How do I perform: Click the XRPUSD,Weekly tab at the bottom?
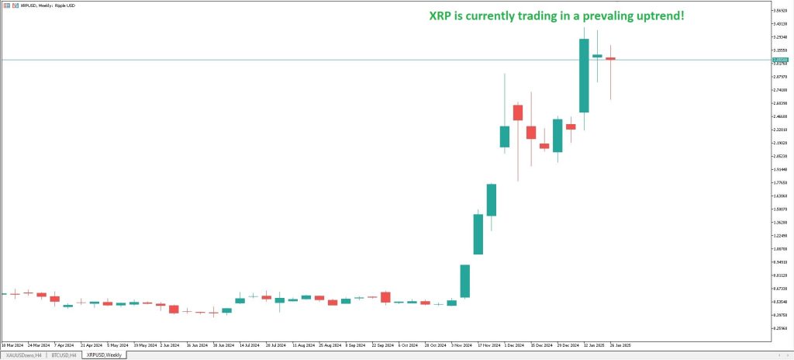pyautogui.click(x=103, y=355)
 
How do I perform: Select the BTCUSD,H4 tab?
pyautogui.click(x=64, y=355)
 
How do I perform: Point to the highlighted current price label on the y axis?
pyautogui.click(x=780, y=59)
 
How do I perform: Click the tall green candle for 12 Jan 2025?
pyautogui.click(x=584, y=75)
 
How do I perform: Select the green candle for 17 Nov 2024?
pyautogui.click(x=478, y=234)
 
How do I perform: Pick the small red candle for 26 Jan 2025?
pyautogui.click(x=610, y=58)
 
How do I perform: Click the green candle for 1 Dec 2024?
pyautogui.click(x=505, y=136)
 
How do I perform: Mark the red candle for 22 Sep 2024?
pyautogui.click(x=385, y=297)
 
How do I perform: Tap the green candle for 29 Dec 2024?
pyautogui.click(x=558, y=135)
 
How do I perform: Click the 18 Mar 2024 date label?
pyautogui.click(x=13, y=344)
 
